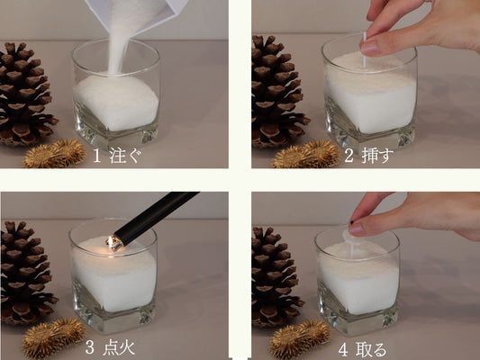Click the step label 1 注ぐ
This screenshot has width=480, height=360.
coord(118,156)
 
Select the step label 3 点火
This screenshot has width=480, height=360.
coord(110,347)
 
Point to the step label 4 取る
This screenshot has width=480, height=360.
coord(363,349)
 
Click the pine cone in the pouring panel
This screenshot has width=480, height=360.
coord(24,94)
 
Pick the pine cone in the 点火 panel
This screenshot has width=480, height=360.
coord(26,272)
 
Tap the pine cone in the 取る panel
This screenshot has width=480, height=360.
coord(277,277)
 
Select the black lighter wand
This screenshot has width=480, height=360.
coord(156,216)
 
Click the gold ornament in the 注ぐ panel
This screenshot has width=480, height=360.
coord(55,154)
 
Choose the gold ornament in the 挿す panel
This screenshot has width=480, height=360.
coord(305,155)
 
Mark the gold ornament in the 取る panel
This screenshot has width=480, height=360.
coord(300,339)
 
